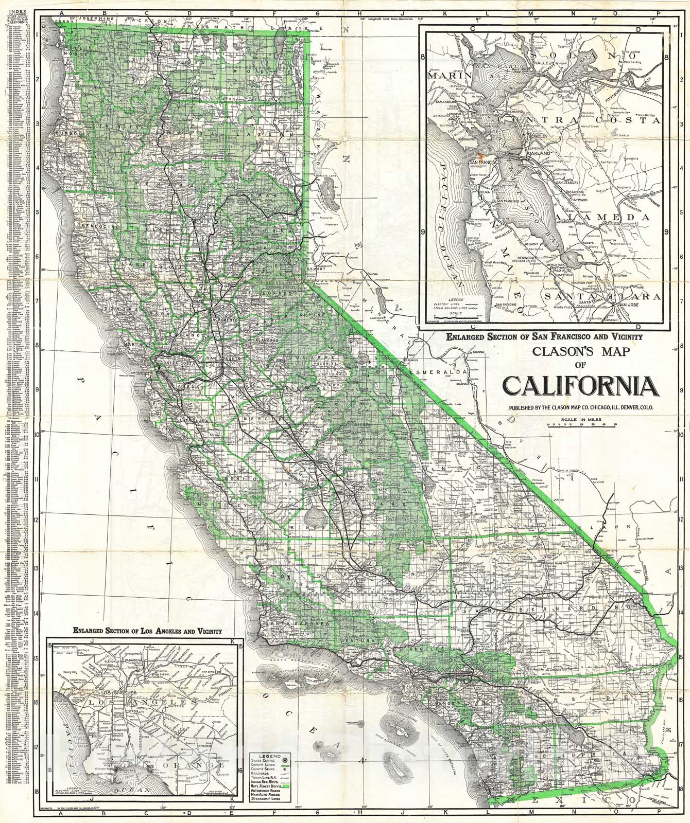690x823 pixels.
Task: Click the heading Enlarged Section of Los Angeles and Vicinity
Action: pos(147,630)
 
